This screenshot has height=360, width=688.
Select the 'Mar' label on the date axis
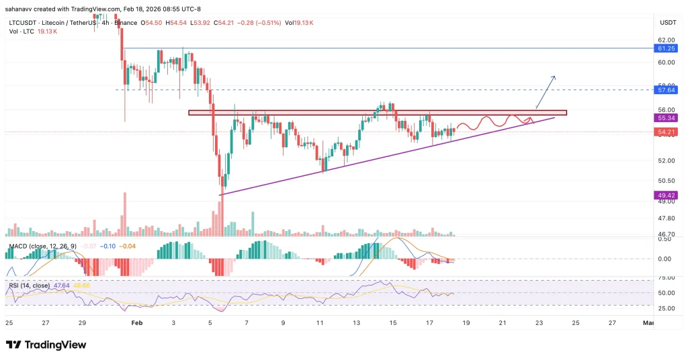[648, 322]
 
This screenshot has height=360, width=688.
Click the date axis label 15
[392, 322]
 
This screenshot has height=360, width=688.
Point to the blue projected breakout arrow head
[554, 77]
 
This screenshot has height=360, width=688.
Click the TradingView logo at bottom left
[47, 344]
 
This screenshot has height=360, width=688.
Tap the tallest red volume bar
[124, 214]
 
